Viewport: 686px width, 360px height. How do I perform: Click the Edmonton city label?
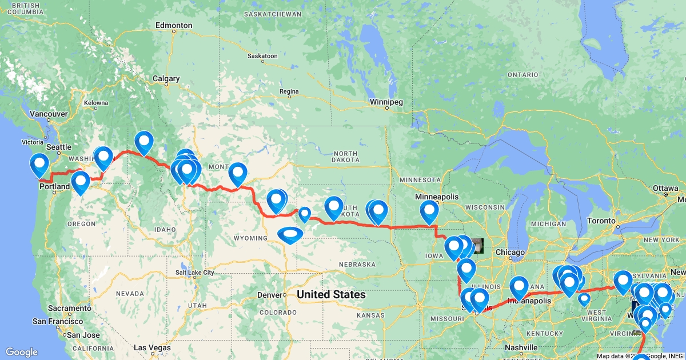[174, 26]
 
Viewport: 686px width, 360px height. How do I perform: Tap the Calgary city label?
[166, 79]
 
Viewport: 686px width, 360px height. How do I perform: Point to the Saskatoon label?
[262, 56]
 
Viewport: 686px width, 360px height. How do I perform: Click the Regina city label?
[289, 91]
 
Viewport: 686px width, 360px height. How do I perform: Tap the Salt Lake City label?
[195, 273]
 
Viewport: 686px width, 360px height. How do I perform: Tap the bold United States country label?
[331, 294]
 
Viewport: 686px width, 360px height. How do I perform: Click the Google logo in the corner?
[22, 352]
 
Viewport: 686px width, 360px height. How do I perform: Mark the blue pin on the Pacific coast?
[39, 165]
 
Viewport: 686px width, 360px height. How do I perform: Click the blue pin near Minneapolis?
[429, 211]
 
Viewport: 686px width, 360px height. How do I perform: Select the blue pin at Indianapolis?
[519, 287]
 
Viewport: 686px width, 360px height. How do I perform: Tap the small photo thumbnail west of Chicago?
[477, 246]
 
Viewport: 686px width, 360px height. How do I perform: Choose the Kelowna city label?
[95, 103]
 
